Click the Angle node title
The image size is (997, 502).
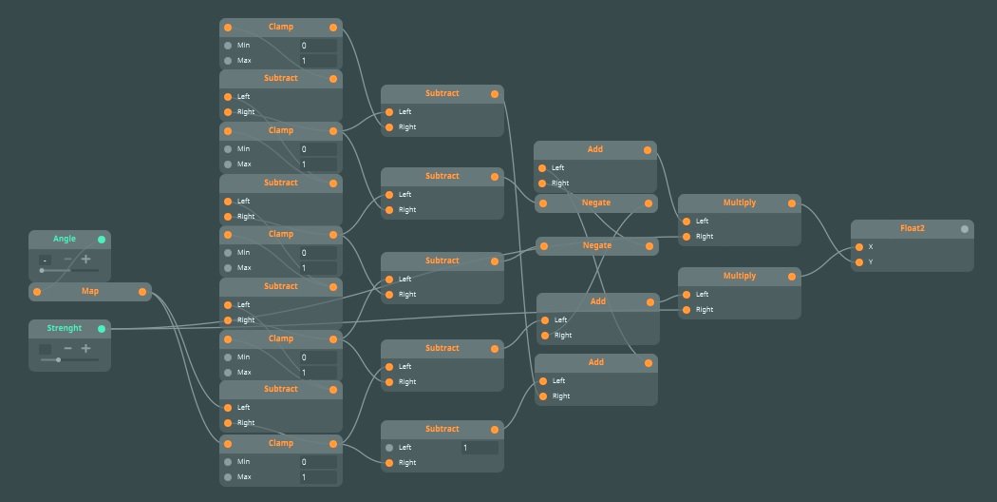click(65, 239)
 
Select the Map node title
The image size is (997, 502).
click(89, 291)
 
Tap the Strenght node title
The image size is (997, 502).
click(65, 328)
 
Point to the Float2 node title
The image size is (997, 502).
click(912, 228)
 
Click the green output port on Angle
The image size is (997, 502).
click(102, 239)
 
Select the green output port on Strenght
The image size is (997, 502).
click(102, 328)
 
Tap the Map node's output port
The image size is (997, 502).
click(145, 291)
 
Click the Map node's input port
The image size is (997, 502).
click(37, 291)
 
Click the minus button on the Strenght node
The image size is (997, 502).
click(67, 349)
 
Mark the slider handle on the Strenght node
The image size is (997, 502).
click(58, 360)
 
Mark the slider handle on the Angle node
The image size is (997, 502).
click(42, 271)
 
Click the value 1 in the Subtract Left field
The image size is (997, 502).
click(465, 447)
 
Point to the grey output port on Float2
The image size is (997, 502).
click(965, 228)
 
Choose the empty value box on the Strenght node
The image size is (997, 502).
click(45, 349)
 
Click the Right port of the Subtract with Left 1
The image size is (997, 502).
click(389, 463)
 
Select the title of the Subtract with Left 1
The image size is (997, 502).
click(442, 429)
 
